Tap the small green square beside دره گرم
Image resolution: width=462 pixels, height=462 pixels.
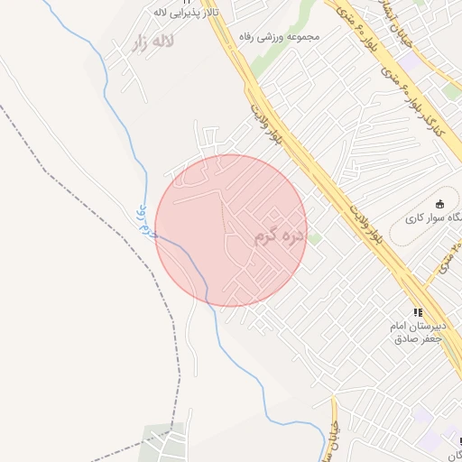pyautogui.click(x=315, y=238)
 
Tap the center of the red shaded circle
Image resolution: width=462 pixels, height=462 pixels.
pyautogui.click(x=231, y=230)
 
